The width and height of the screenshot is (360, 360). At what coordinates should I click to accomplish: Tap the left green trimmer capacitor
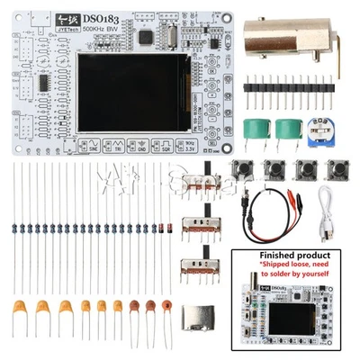point(256,130)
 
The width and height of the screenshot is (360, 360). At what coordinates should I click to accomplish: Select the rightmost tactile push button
point(337,170)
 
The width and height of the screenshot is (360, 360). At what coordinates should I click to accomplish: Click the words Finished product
point(289,256)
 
